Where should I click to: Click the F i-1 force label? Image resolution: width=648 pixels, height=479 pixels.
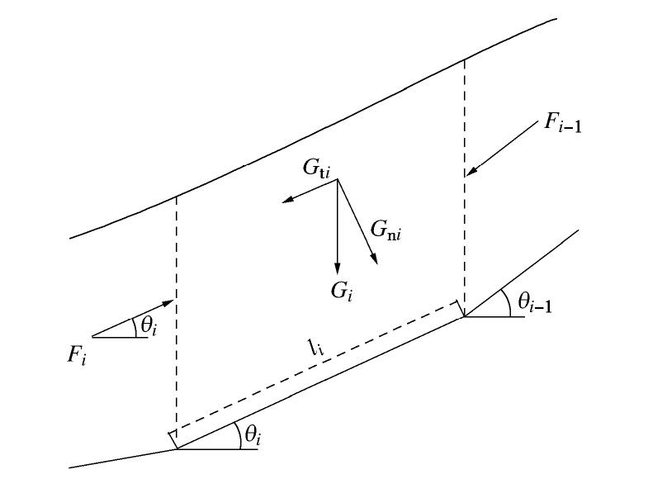pos(563,125)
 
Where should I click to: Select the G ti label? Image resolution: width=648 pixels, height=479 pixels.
pos(315,170)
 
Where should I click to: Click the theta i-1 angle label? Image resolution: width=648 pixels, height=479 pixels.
pos(535,305)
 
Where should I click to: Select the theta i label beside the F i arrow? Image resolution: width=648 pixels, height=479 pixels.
pos(149,325)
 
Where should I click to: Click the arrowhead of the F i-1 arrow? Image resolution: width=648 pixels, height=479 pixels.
pos(468,174)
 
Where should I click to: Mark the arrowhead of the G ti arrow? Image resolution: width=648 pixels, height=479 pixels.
pos(285,201)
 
